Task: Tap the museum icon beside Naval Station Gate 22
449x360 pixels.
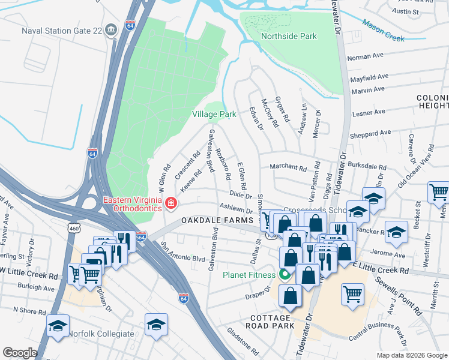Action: tap(110, 31)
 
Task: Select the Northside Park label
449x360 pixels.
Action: tap(289, 36)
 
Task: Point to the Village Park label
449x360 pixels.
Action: tap(214, 113)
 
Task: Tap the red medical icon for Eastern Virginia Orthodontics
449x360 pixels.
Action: tap(171, 204)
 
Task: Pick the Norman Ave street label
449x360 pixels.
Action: tap(365, 56)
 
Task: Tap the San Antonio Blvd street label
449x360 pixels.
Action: tap(182, 253)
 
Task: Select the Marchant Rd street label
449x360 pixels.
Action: tap(288, 167)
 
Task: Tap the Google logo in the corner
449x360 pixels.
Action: tap(20, 352)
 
